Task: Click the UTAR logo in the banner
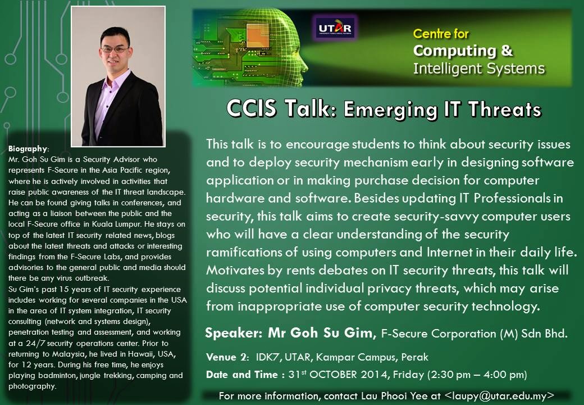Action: tap(335, 27)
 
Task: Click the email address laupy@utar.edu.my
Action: tap(499, 395)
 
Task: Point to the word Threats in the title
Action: tap(504, 109)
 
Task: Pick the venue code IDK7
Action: tap(267, 357)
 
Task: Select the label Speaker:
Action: tap(234, 332)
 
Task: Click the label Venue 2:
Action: tap(227, 357)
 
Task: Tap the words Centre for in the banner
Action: tap(441, 34)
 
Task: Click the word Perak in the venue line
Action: tap(414, 357)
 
